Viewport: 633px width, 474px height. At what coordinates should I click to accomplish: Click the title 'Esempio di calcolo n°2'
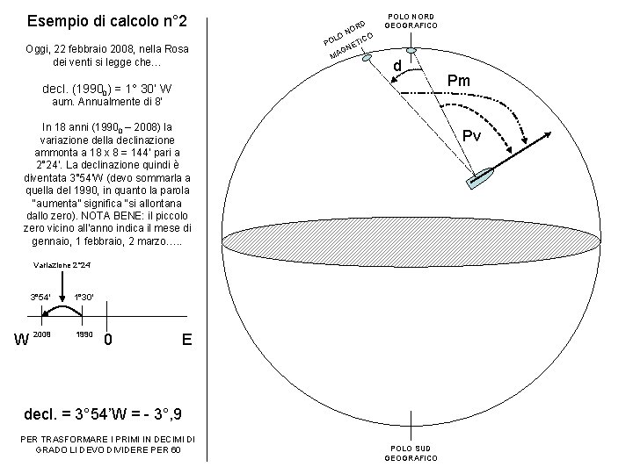107,21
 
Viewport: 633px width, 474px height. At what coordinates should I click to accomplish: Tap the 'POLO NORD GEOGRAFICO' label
411,21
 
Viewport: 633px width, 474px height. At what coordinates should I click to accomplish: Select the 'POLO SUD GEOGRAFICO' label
411,453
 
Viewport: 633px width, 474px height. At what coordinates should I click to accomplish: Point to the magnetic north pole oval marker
366,58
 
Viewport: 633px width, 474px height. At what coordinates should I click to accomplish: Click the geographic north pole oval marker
411,51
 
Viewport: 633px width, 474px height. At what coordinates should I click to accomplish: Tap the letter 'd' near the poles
397,65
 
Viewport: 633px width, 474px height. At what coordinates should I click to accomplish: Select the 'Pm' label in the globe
459,81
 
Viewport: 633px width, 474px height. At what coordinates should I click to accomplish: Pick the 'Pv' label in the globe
471,135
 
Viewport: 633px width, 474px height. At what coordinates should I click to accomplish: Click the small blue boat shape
480,178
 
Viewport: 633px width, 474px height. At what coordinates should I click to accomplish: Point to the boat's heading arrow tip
551,133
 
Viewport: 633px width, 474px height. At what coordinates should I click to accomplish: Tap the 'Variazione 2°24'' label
62,265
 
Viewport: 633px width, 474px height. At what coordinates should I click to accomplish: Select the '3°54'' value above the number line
40,298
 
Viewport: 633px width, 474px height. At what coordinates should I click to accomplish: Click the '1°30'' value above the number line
84,298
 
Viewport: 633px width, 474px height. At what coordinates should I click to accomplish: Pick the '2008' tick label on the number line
41,334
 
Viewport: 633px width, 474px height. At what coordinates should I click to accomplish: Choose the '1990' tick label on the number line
84,334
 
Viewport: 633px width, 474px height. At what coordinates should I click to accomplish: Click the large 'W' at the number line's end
22,340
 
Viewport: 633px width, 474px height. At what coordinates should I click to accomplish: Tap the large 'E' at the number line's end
186,340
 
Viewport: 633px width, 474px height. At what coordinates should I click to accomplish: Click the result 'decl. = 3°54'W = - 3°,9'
103,414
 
